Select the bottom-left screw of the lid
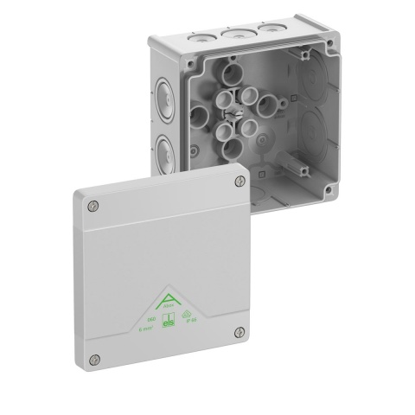tap(97, 360)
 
